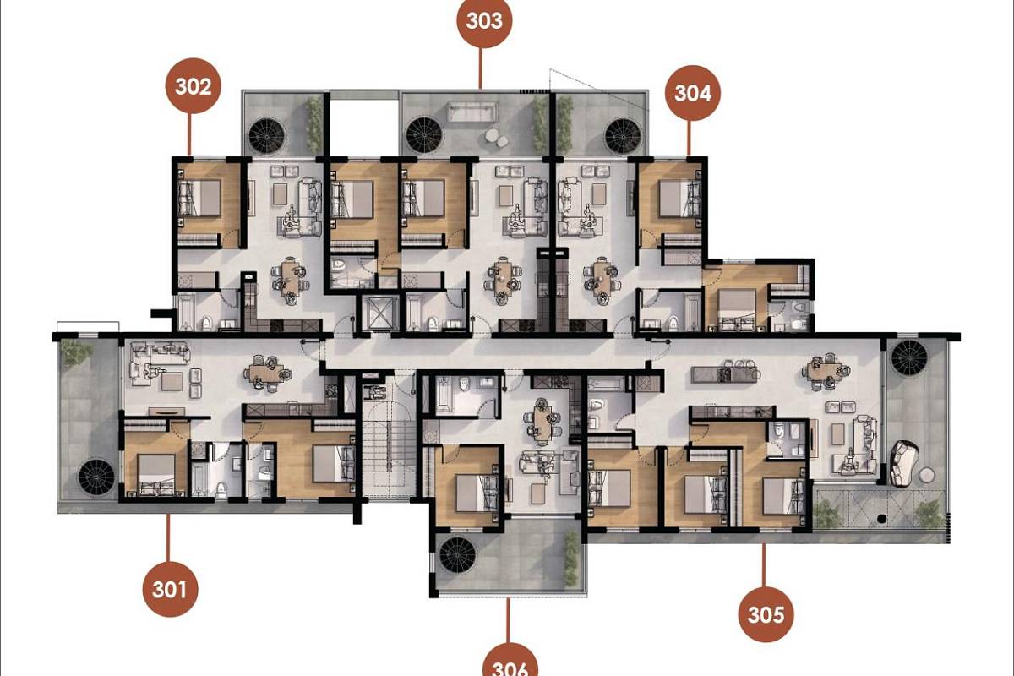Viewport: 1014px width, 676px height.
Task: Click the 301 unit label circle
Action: click(170, 589)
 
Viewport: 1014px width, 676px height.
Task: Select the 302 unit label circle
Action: click(194, 86)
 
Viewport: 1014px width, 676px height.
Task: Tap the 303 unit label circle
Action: click(484, 20)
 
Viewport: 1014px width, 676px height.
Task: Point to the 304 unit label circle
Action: click(693, 93)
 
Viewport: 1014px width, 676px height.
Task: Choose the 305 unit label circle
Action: click(766, 614)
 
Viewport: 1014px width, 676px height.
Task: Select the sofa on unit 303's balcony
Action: click(472, 112)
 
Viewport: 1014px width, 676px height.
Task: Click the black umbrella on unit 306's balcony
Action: click(458, 554)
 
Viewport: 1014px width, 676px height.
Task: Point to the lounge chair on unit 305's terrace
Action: click(903, 463)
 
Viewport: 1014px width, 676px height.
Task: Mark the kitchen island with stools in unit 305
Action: click(724, 373)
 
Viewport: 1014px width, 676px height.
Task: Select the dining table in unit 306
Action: click(542, 419)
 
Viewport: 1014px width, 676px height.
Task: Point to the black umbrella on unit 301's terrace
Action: click(96, 477)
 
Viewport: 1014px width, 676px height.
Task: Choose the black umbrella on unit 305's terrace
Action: click(909, 357)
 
